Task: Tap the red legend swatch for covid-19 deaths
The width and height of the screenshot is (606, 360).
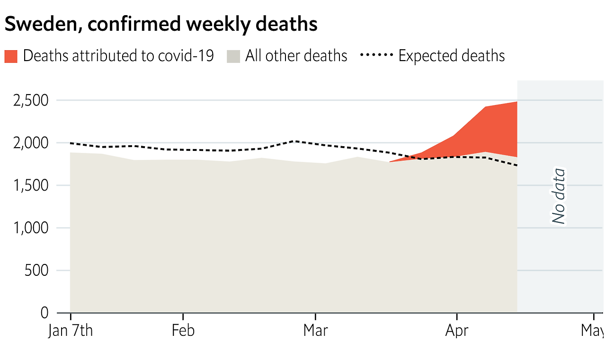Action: pos(11,56)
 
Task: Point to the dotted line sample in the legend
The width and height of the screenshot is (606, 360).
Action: pos(376,55)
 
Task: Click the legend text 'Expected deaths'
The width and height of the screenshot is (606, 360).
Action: pos(452,56)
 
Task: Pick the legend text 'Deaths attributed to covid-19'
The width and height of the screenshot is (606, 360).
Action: pos(118,56)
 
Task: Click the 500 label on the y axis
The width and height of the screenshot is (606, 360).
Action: pos(38,271)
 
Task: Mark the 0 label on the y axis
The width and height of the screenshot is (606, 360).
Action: pos(45,313)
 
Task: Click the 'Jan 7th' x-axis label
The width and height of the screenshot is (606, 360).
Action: pos(71,331)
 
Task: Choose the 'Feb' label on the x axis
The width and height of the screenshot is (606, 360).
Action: pos(183,331)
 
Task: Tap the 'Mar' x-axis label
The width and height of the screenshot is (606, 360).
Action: pos(315,331)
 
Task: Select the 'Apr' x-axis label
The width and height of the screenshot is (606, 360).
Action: pos(456,331)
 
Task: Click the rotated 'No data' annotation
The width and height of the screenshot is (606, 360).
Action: pos(559,196)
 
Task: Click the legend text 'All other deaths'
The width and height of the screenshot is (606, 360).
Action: pos(296,56)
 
